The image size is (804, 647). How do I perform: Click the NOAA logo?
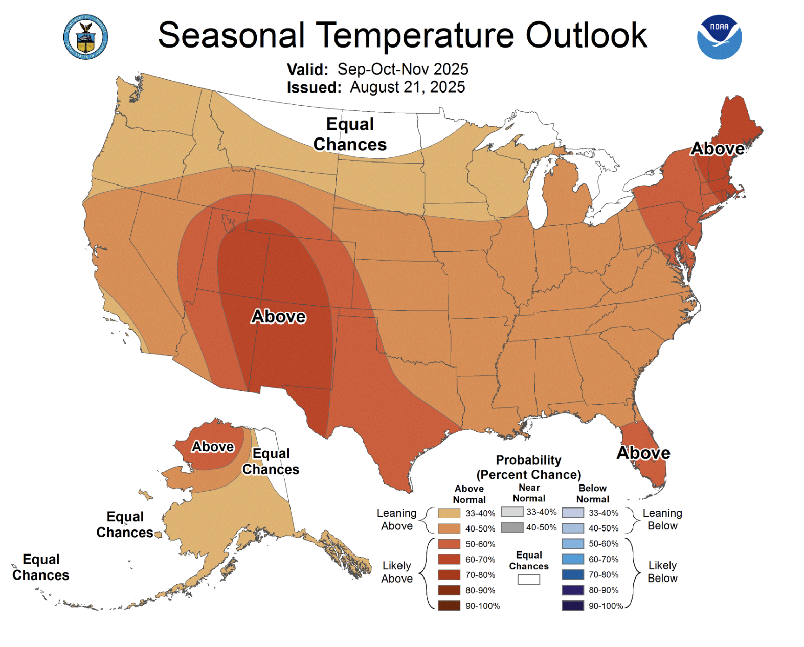719,37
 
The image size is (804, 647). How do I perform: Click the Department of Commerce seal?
86,37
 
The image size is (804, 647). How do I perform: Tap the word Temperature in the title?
416,35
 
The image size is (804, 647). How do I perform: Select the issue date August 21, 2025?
407,87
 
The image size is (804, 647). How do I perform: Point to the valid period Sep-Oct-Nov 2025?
403,69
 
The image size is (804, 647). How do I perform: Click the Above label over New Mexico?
279,317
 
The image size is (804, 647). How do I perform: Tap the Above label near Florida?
643,453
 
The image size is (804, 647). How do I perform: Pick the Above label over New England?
718,149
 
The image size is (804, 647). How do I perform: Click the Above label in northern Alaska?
213,447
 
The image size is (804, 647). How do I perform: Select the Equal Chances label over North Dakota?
350,134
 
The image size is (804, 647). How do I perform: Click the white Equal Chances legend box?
528,580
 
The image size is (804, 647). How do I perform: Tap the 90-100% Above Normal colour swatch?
449,606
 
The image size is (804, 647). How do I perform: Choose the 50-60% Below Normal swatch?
572,544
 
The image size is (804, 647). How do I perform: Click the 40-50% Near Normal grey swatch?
512,527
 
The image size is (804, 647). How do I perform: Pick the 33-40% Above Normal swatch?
449,513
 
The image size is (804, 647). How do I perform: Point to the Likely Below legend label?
662,572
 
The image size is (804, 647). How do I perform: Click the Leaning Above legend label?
396,519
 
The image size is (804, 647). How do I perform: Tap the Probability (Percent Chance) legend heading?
528,467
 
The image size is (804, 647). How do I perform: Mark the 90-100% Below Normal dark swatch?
572,606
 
